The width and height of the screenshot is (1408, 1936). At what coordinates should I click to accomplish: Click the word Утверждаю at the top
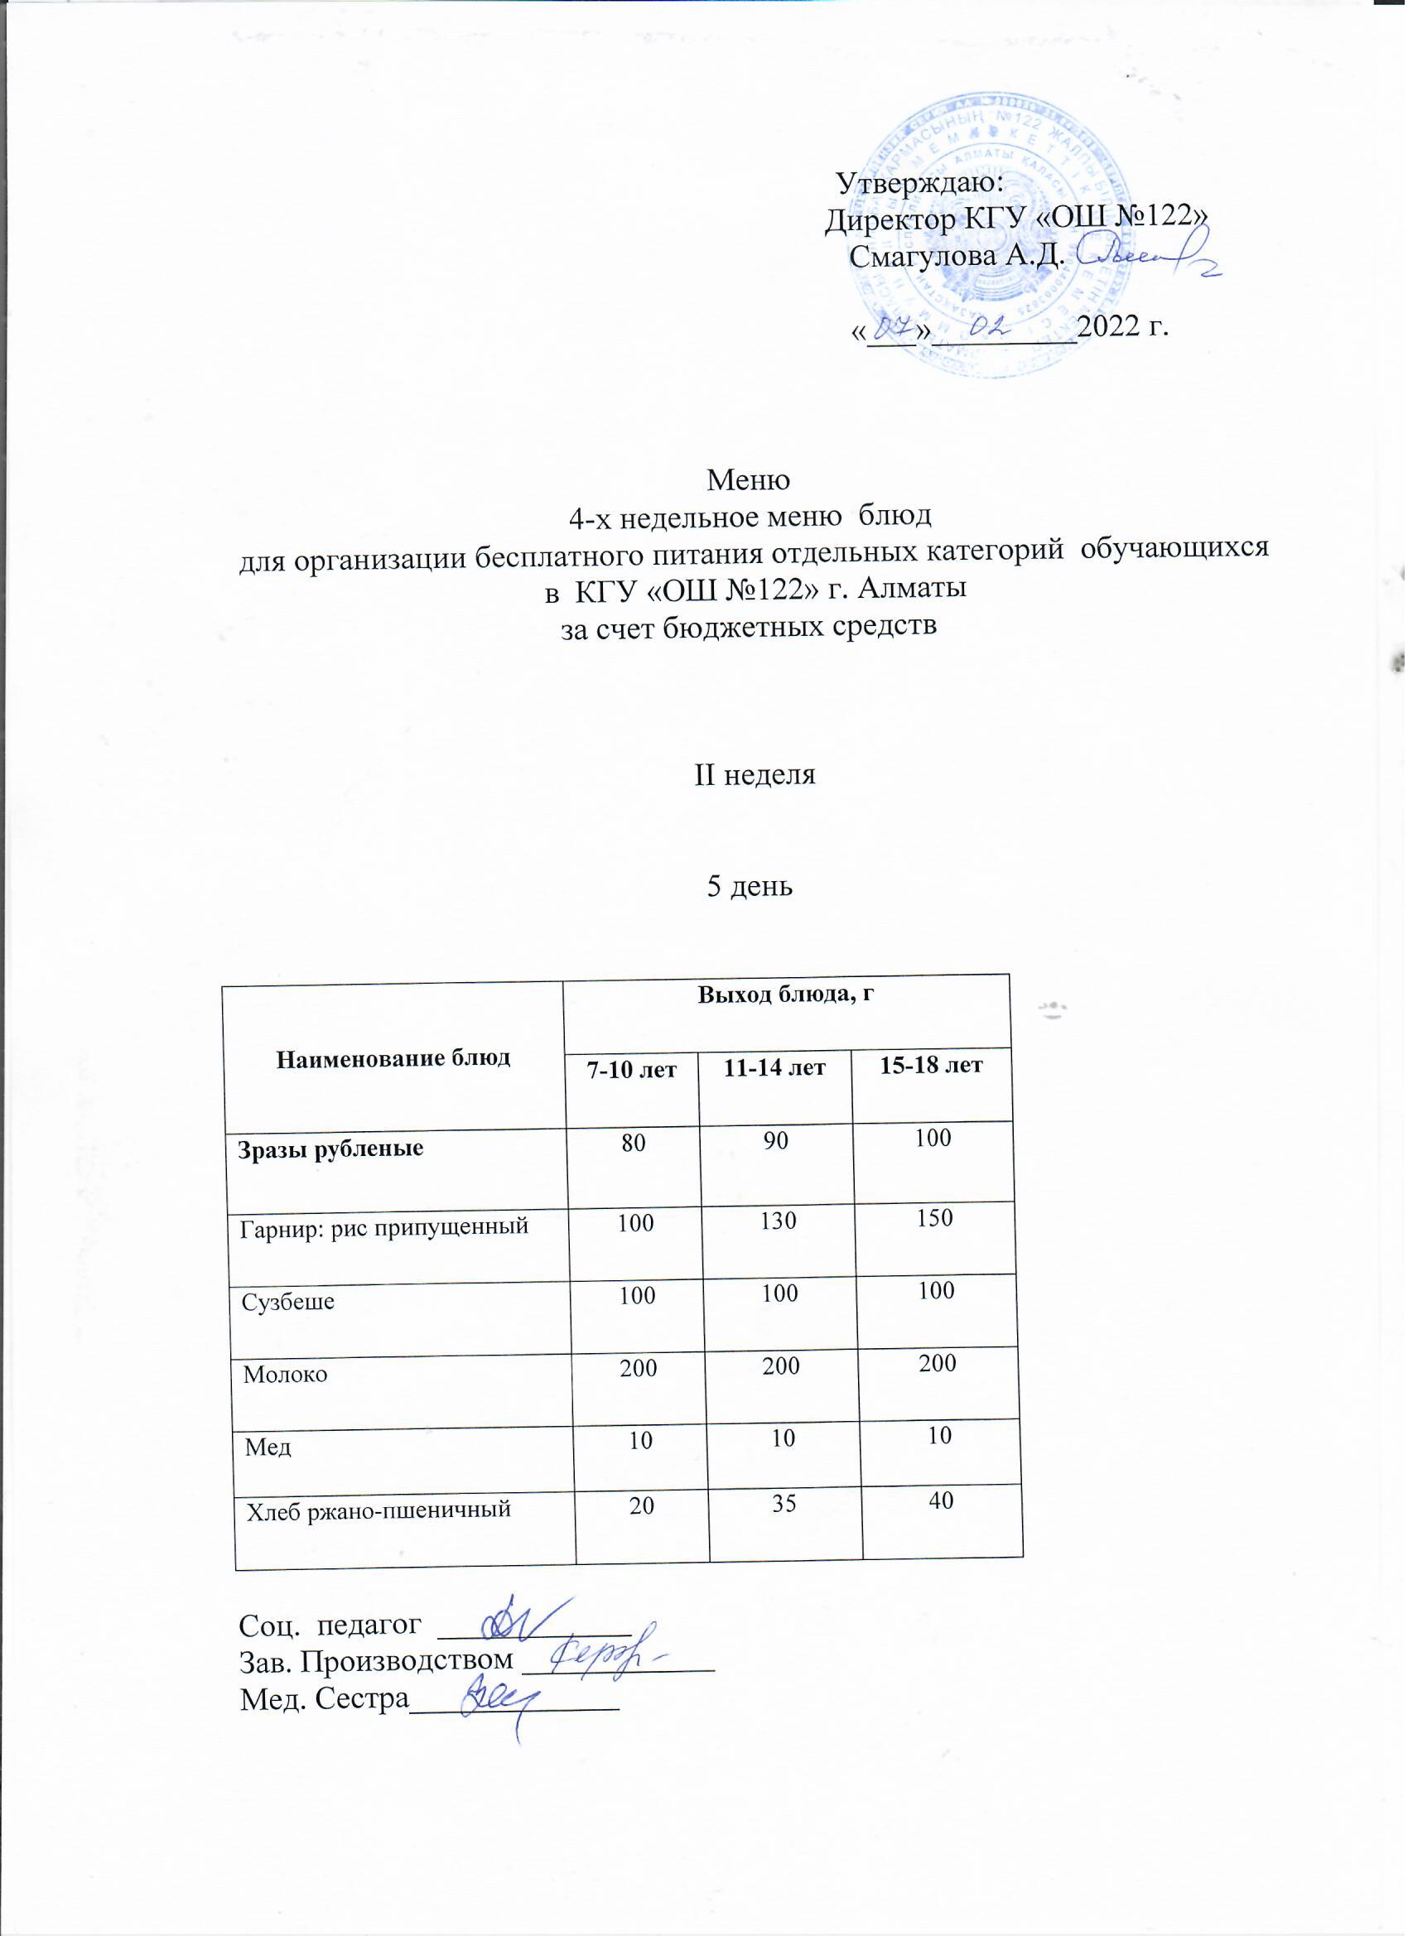point(919,183)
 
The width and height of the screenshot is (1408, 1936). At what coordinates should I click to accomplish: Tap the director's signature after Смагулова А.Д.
point(1144,256)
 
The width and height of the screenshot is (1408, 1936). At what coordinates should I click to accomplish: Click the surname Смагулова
point(922,255)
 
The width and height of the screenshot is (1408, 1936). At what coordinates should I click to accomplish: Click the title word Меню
point(749,480)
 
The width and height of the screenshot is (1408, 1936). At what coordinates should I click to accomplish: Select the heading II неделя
point(755,775)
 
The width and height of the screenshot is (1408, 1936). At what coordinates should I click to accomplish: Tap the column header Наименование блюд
point(393,1058)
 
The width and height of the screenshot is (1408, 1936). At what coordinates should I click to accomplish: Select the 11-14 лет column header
point(774,1068)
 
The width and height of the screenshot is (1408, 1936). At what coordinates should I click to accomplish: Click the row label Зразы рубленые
point(330,1149)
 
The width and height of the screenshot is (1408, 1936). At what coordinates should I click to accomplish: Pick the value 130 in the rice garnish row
point(778,1221)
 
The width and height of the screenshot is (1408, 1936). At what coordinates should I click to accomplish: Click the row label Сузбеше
point(287,1303)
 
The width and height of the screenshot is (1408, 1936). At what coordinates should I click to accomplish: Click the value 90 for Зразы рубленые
point(775,1141)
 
